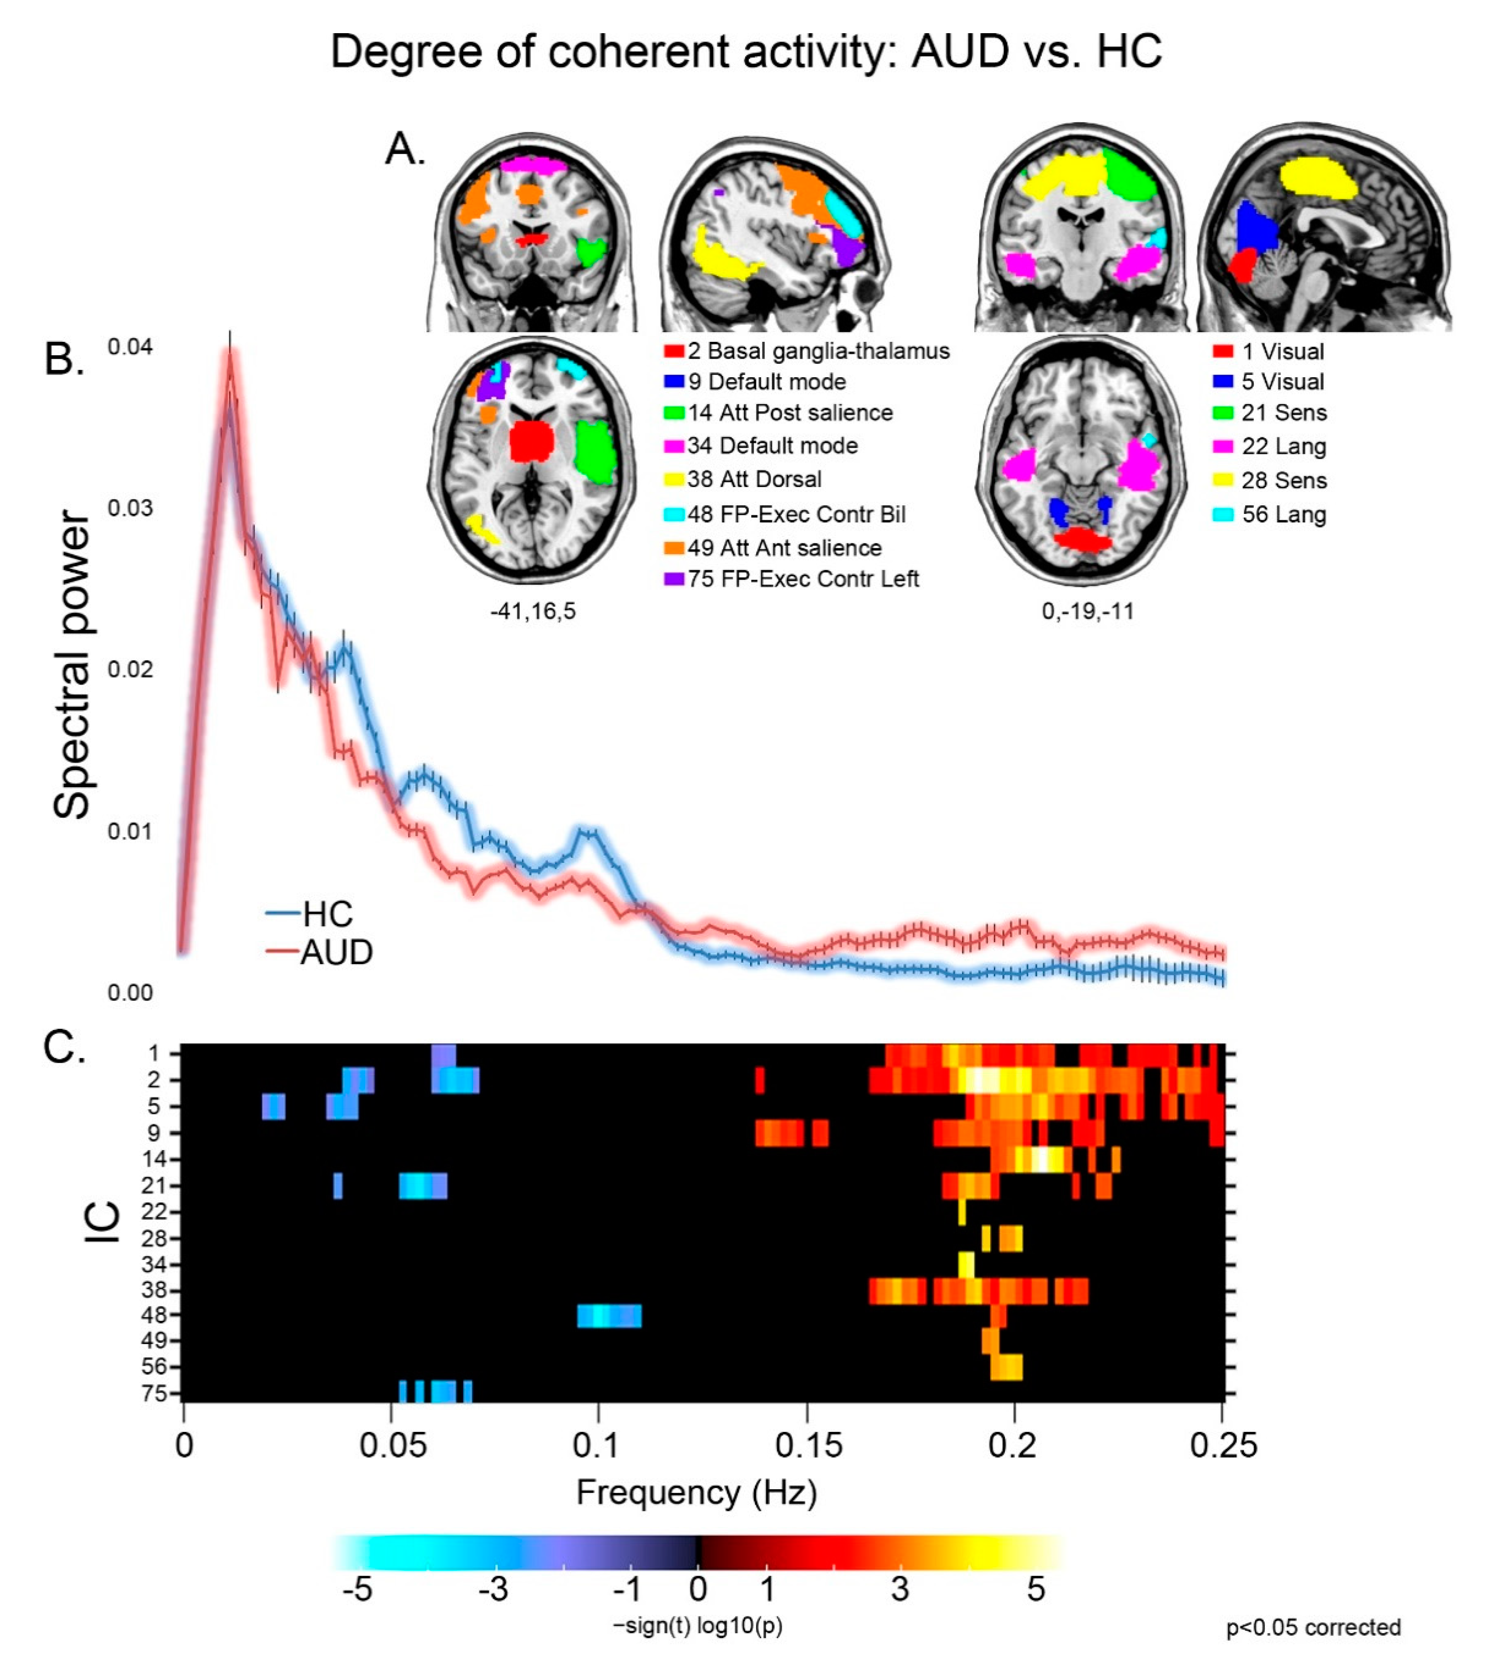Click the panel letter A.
tap(405, 149)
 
